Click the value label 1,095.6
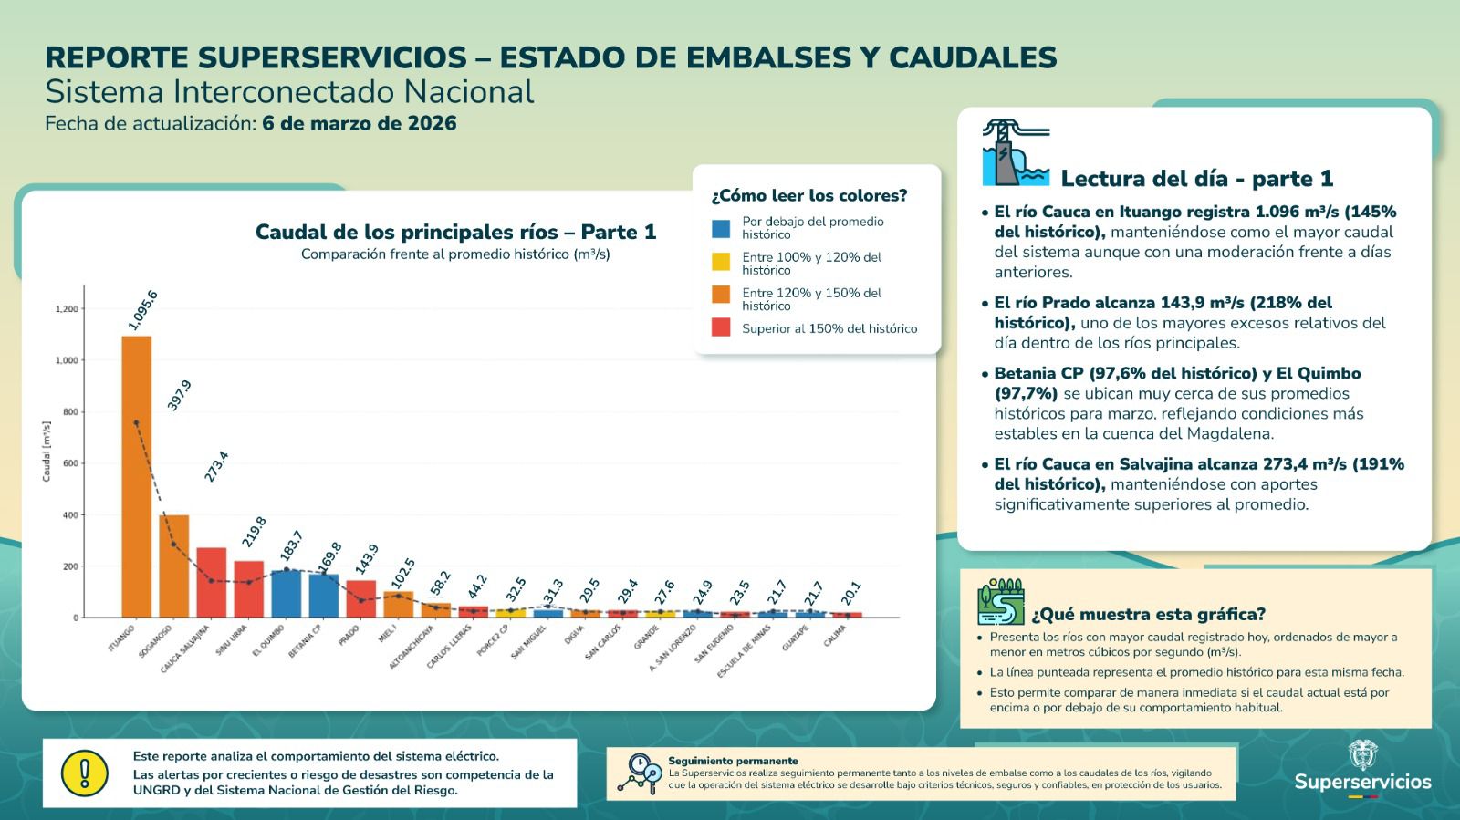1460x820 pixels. coord(143,310)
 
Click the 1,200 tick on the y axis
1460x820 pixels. coord(67,309)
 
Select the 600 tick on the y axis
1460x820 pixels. coord(69,463)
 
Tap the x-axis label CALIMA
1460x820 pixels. coord(834,636)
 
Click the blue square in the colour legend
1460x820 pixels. coord(721,228)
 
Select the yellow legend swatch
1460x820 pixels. coord(721,263)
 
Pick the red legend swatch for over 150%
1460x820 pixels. coord(721,328)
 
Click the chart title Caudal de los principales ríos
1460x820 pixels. coord(455,232)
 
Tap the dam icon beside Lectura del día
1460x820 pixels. coord(1016,153)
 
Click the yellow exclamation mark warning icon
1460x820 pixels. coord(85,773)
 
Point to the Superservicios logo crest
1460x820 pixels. coord(1362,755)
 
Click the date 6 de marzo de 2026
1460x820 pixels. coord(360,123)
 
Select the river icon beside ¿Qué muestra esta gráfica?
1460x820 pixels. coord(1001,602)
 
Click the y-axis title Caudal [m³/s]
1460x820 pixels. coord(47,451)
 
